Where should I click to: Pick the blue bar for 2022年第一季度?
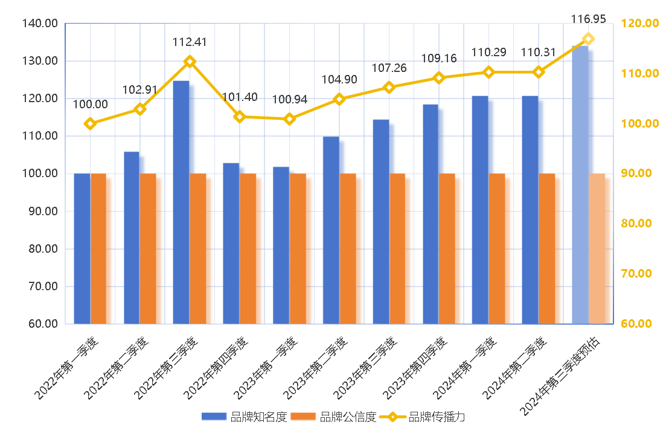point(82,248)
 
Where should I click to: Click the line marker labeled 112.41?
point(190,62)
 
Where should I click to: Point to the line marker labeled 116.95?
point(589,39)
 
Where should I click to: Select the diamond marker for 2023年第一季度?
point(289,119)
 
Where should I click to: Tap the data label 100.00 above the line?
point(91,105)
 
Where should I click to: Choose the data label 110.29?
point(489,53)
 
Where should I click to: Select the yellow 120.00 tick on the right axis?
point(639,24)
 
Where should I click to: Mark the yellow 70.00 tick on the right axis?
point(639,273)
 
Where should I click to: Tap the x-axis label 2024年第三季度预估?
point(565,375)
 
